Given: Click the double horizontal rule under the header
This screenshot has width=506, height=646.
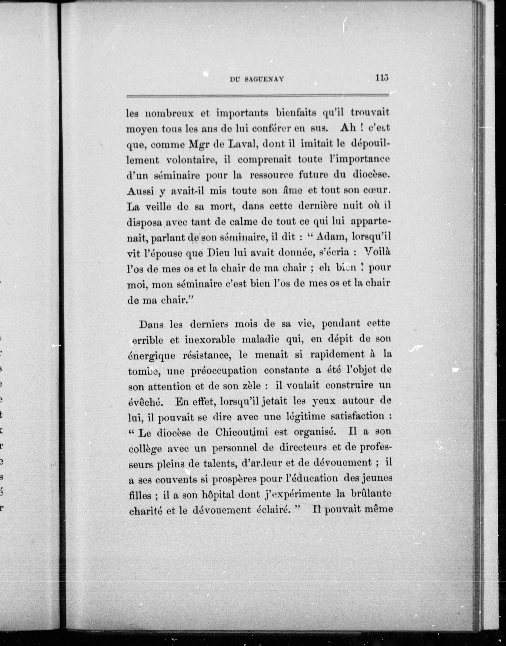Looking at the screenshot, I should point(257,96).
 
